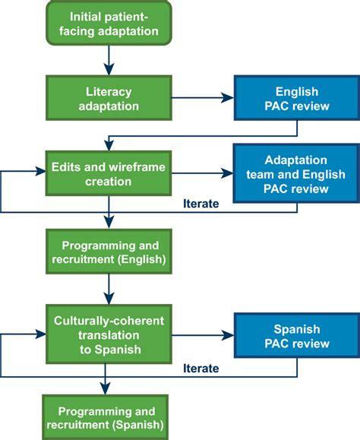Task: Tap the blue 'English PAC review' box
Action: click(292, 97)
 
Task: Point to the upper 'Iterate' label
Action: click(202, 204)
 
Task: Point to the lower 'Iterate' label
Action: click(202, 369)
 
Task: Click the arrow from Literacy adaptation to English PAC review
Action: click(197, 97)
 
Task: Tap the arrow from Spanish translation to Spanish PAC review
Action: click(197, 334)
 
